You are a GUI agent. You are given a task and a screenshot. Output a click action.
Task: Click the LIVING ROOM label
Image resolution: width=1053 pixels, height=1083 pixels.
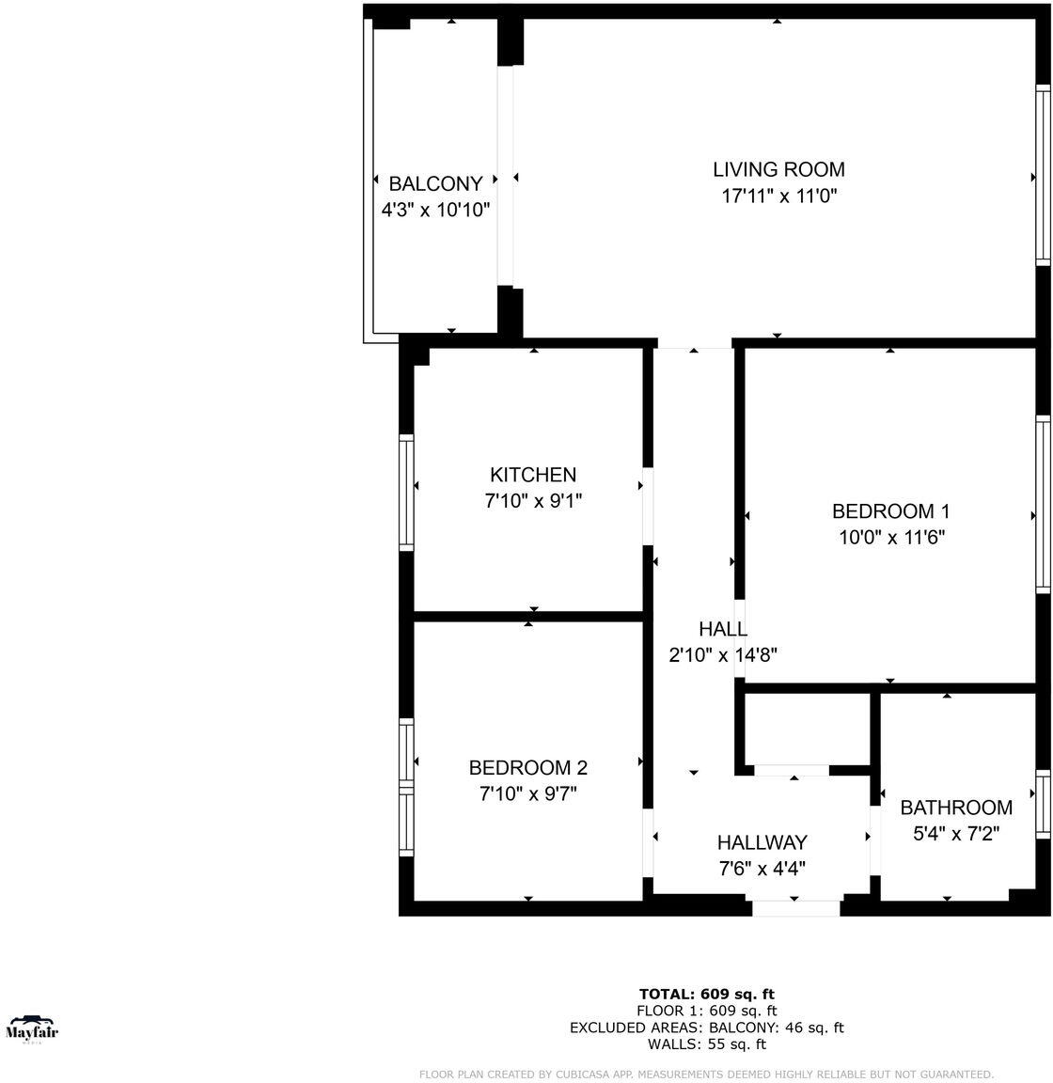[x=778, y=169]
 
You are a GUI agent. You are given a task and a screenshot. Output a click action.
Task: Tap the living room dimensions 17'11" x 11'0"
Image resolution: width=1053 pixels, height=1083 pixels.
[x=778, y=196]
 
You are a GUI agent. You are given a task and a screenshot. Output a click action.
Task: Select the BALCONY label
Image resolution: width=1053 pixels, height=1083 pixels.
[x=435, y=183]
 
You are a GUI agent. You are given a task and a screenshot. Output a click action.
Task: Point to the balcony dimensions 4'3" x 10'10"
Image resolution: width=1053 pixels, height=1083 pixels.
[x=435, y=210]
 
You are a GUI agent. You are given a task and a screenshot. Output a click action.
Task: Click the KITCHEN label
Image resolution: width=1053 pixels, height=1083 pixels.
[x=533, y=475]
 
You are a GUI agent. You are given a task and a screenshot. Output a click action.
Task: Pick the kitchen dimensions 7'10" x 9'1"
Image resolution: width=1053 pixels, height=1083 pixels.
[x=533, y=501]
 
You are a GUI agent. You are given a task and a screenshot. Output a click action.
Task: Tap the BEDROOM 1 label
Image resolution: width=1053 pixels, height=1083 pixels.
[x=890, y=511]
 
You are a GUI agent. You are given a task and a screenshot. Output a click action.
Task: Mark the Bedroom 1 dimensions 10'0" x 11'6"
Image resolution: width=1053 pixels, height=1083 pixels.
[x=890, y=538]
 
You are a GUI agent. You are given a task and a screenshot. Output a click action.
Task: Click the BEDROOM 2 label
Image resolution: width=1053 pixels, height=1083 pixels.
[x=528, y=768]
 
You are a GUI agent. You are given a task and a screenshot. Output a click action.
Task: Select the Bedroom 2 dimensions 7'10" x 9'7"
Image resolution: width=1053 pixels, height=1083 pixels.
[x=528, y=794]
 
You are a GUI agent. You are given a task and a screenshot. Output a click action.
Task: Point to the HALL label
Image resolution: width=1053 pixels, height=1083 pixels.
[x=723, y=629]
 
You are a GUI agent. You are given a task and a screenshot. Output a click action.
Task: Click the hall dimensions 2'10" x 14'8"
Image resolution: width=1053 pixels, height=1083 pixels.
[x=723, y=655]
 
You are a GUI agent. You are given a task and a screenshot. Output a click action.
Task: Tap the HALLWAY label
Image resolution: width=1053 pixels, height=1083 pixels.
[x=762, y=842]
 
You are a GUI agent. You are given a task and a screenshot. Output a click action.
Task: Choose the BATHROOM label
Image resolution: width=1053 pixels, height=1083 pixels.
[x=956, y=808]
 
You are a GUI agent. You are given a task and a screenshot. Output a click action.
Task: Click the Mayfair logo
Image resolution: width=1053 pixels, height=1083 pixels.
[x=32, y=1028]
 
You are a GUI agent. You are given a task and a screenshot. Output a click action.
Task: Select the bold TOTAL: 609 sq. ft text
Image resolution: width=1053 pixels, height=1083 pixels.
[x=706, y=994]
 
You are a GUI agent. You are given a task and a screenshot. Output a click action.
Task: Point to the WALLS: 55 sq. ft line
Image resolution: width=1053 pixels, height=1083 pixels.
[x=706, y=1044]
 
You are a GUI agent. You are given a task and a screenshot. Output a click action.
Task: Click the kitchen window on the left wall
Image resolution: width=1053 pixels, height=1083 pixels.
[x=406, y=491]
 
